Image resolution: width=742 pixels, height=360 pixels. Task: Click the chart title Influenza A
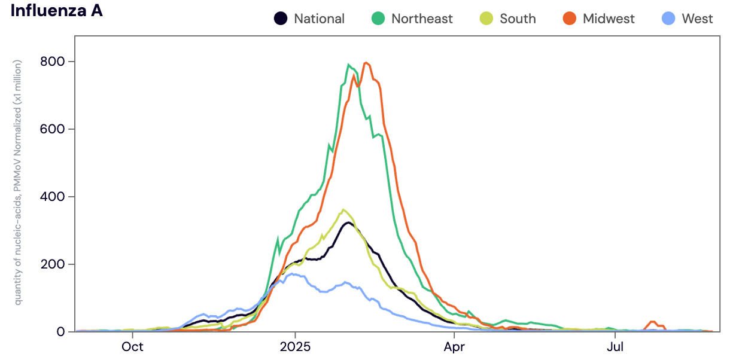tap(57, 11)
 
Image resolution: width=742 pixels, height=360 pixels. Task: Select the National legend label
tap(319, 19)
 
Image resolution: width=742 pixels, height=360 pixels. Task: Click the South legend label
tap(518, 19)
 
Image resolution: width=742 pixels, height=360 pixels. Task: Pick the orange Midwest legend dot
tap(569, 19)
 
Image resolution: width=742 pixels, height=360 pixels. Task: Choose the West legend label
tap(697, 19)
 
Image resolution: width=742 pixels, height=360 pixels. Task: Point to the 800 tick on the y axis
tap(53, 62)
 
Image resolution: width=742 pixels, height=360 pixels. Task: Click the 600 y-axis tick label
tap(53, 129)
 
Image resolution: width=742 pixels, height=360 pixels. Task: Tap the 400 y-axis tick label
tap(53, 197)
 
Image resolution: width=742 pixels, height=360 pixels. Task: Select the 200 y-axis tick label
tap(53, 264)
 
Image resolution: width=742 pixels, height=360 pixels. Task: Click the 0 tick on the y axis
tap(60, 332)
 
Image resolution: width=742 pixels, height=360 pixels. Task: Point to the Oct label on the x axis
tap(132, 347)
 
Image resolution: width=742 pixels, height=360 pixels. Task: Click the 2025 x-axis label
tap(294, 347)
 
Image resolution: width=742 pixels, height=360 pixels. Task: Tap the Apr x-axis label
tap(455, 347)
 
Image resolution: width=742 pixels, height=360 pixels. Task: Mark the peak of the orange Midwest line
tap(366, 63)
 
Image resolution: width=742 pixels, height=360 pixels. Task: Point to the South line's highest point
tap(343, 209)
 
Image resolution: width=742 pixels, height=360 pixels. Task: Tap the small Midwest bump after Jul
tap(653, 322)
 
